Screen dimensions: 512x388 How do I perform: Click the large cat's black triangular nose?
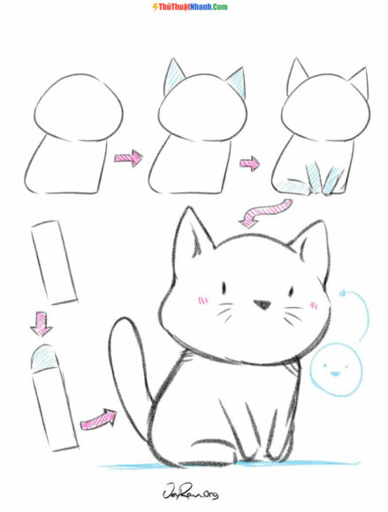pyautogui.click(x=262, y=305)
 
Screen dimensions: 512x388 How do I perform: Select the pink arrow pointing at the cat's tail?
pyautogui.click(x=99, y=419)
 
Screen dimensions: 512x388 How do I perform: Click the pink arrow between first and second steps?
pyautogui.click(x=128, y=159)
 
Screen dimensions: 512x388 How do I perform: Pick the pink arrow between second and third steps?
pyautogui.click(x=251, y=162)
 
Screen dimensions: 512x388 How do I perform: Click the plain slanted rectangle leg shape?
pyautogui.click(x=52, y=262)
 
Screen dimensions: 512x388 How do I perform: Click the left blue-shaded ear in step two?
pyautogui.click(x=171, y=79)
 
